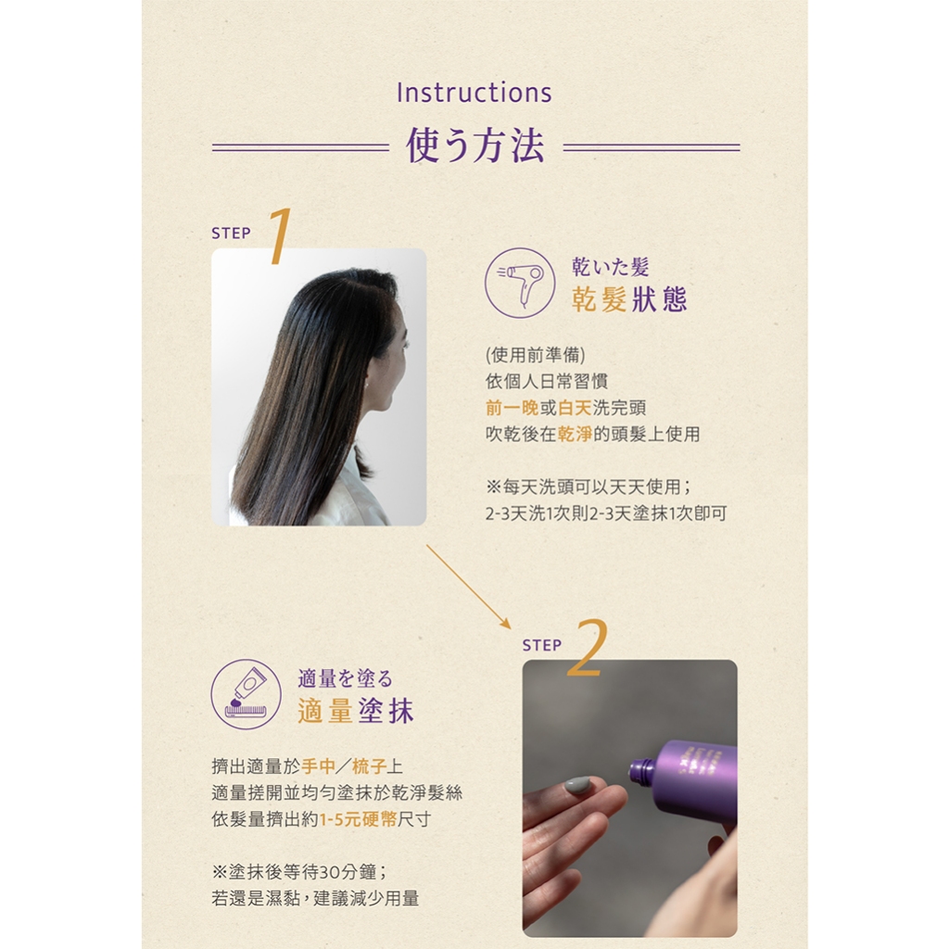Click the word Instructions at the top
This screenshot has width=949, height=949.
point(474,93)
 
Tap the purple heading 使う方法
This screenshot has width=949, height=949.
point(475,146)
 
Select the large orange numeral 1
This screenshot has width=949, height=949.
point(280,236)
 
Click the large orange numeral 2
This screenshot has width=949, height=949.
point(588,648)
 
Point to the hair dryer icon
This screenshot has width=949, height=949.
point(520,283)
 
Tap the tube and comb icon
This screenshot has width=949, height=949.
point(246,694)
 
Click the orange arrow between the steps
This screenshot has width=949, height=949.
point(468,587)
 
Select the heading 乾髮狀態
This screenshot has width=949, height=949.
point(629,299)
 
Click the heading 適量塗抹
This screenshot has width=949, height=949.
point(356,711)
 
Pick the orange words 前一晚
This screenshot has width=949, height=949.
point(512,408)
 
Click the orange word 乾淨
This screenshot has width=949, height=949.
point(575,434)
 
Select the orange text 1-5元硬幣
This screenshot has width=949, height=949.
point(359,819)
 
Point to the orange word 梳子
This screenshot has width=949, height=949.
point(369,766)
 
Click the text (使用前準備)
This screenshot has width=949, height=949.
point(536,355)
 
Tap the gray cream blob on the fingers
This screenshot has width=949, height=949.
point(577,785)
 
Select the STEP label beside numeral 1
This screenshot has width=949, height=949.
point(231,233)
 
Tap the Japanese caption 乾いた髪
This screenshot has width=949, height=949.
point(610,266)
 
